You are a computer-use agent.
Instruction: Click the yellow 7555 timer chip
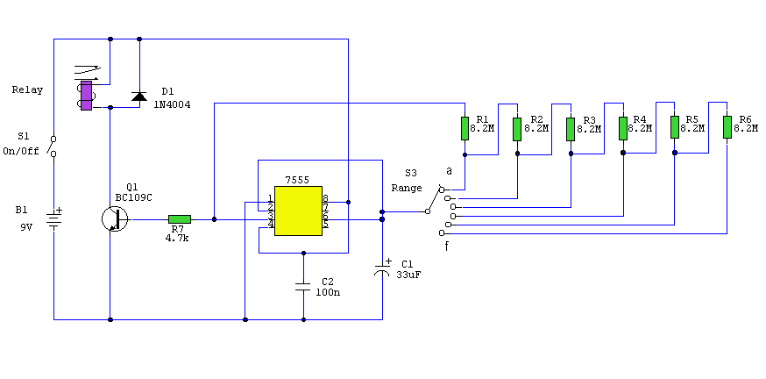298,211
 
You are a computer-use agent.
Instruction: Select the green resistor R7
180,219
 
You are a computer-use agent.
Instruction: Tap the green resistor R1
465,128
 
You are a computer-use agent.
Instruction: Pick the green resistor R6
727,127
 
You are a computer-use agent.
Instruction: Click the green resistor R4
623,128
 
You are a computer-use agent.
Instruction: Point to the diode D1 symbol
138,96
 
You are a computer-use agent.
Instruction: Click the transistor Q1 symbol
113,218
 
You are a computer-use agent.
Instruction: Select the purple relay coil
86,97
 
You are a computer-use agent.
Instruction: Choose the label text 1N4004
174,105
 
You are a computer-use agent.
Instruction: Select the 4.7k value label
179,238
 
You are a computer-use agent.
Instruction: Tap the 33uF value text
409,275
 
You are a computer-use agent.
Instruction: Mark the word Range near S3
407,188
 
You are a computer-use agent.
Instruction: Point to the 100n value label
328,292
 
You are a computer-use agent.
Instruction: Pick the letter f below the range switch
447,247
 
